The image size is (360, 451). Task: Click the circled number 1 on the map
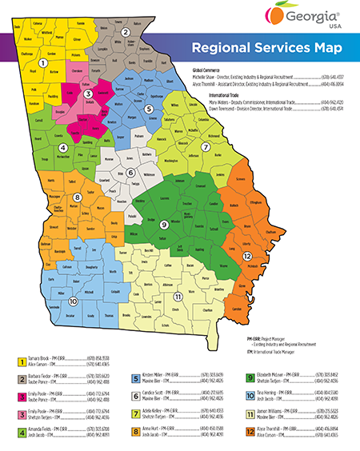[45, 62]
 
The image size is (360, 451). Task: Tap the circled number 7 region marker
[206, 147]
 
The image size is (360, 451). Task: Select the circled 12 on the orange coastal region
[249, 256]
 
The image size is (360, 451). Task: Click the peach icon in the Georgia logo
[274, 14]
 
